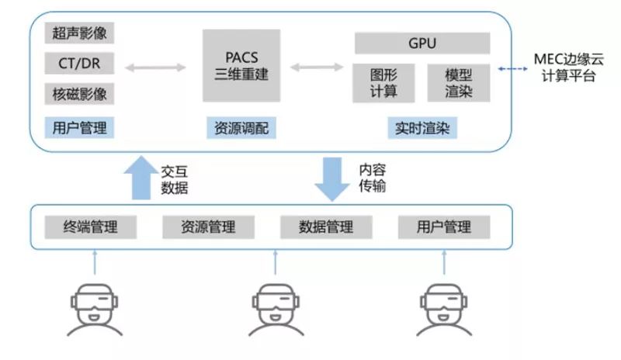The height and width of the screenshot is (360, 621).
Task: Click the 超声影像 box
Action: pyautogui.click(x=79, y=33)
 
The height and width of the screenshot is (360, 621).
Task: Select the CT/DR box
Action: pyautogui.click(x=79, y=63)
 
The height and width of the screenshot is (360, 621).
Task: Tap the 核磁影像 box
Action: pyautogui.click(x=79, y=94)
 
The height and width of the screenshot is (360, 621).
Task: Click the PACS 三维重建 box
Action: pyautogui.click(x=241, y=65)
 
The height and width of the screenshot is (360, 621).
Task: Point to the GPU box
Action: pyautogui.click(x=422, y=43)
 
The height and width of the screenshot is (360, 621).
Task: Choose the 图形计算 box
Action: pyautogui.click(x=386, y=83)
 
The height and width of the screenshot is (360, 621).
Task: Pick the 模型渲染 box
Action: pyautogui.click(x=458, y=83)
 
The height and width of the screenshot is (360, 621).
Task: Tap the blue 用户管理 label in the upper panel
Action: pyautogui.click(x=79, y=127)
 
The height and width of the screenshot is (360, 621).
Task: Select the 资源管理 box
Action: pyautogui.click(x=208, y=227)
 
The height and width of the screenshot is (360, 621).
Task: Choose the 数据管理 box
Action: pyautogui.click(x=325, y=227)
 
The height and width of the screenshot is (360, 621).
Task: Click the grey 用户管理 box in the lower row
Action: pyautogui.click(x=443, y=227)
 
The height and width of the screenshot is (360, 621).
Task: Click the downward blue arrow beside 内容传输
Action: pyautogui.click(x=332, y=178)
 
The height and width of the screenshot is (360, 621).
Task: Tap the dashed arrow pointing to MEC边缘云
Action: pyautogui.click(x=512, y=69)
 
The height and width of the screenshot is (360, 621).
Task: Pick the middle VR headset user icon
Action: pyautogui.click(x=275, y=306)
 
